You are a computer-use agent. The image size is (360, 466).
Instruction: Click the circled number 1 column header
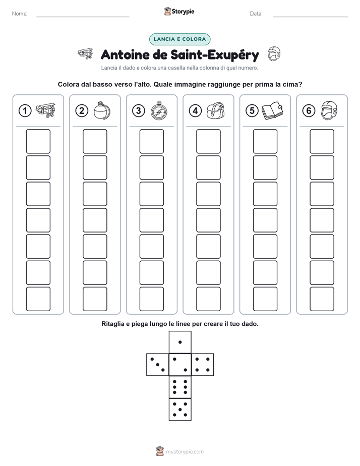[25, 111]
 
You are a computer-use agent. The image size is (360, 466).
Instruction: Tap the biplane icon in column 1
[45, 110]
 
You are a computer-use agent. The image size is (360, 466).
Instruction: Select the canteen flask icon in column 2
[102, 110]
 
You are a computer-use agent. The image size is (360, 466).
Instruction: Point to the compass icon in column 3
[159, 110]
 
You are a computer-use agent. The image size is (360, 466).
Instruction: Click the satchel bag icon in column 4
[215, 111]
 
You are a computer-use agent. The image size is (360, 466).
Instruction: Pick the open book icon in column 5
[272, 111]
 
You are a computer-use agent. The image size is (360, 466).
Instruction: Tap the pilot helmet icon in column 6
[329, 110]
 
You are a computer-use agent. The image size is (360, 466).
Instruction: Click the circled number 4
[195, 111]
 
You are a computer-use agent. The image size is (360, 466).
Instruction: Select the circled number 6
[309, 111]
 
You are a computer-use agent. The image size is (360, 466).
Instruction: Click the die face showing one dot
[180, 342]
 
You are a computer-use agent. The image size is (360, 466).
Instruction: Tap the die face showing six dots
[180, 387]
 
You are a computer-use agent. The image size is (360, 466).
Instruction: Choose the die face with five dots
[180, 409]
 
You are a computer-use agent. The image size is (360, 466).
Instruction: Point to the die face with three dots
[158, 364]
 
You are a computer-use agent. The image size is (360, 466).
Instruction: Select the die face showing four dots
[203, 364]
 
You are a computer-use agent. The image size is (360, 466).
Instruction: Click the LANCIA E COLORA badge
[179, 39]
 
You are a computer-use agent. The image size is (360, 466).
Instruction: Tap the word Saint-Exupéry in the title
[215, 55]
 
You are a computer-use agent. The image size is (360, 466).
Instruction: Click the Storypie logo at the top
[179, 11]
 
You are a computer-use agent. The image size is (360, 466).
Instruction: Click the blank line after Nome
[83, 17]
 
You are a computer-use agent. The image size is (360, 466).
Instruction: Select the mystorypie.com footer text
[185, 452]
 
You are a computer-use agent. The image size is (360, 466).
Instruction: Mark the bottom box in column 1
[38, 299]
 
